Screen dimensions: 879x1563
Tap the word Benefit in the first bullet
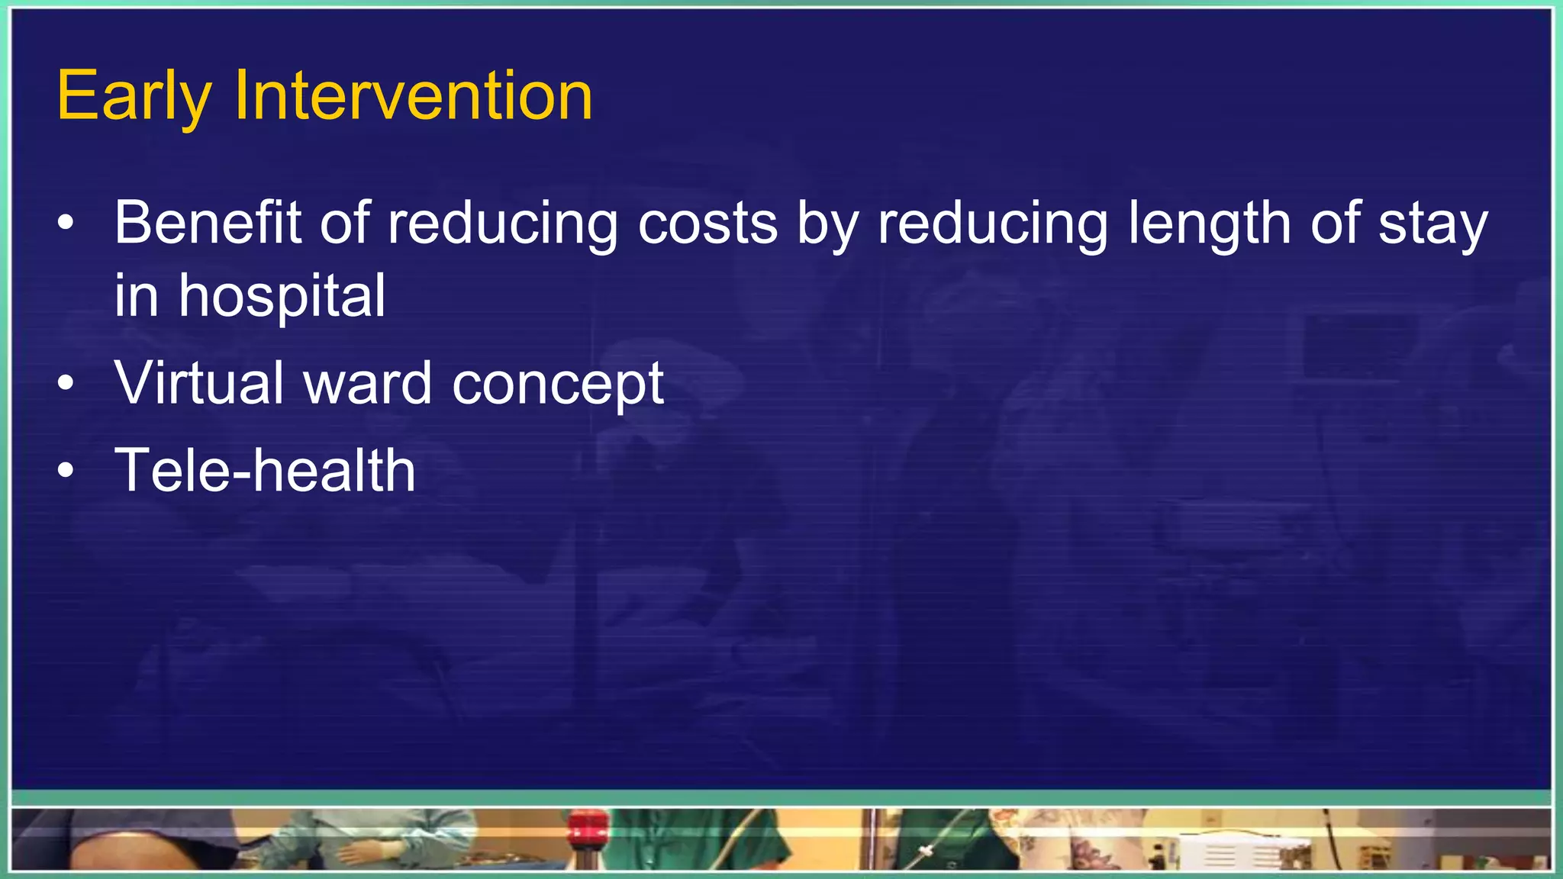click(x=208, y=223)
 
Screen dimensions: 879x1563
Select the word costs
click(x=707, y=223)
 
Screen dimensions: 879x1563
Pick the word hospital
click(x=282, y=297)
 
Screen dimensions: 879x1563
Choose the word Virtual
click(x=200, y=382)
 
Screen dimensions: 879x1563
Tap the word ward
click(x=368, y=382)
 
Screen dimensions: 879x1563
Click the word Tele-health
click(x=265, y=470)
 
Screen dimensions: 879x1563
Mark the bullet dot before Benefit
click(x=66, y=224)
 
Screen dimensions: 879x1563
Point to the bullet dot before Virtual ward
click(x=66, y=383)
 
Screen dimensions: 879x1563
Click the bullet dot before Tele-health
click(x=66, y=471)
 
